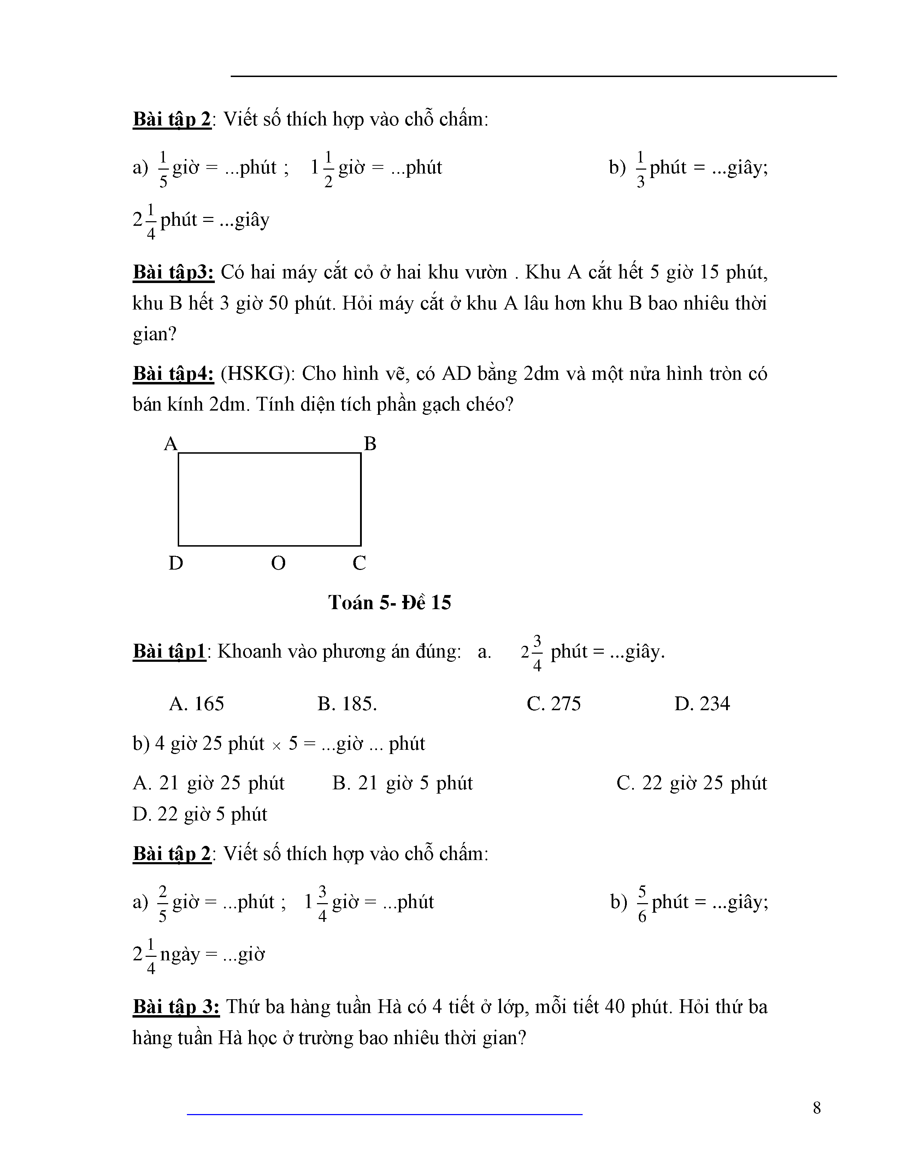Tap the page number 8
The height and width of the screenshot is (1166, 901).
[x=817, y=1108]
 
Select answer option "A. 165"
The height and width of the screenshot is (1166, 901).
[x=196, y=703]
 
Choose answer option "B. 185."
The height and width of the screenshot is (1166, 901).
[x=347, y=703]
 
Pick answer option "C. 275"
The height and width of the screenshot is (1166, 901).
[x=554, y=703]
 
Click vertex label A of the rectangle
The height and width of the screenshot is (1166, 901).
[x=170, y=444]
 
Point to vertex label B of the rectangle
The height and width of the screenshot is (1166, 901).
[x=370, y=444]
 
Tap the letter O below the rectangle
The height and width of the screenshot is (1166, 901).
[x=278, y=563]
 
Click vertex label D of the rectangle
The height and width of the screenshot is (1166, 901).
[x=176, y=563]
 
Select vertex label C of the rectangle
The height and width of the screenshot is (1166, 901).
[x=359, y=563]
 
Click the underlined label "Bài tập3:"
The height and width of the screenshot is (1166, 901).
[x=173, y=272]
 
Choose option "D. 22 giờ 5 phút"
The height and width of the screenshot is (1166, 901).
[x=200, y=814]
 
